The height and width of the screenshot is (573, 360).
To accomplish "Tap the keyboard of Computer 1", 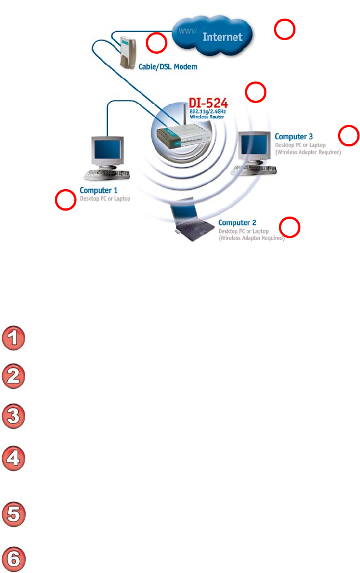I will (108, 175).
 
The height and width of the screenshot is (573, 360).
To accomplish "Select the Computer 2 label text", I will (237, 223).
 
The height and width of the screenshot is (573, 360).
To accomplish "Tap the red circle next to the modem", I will (156, 42).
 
